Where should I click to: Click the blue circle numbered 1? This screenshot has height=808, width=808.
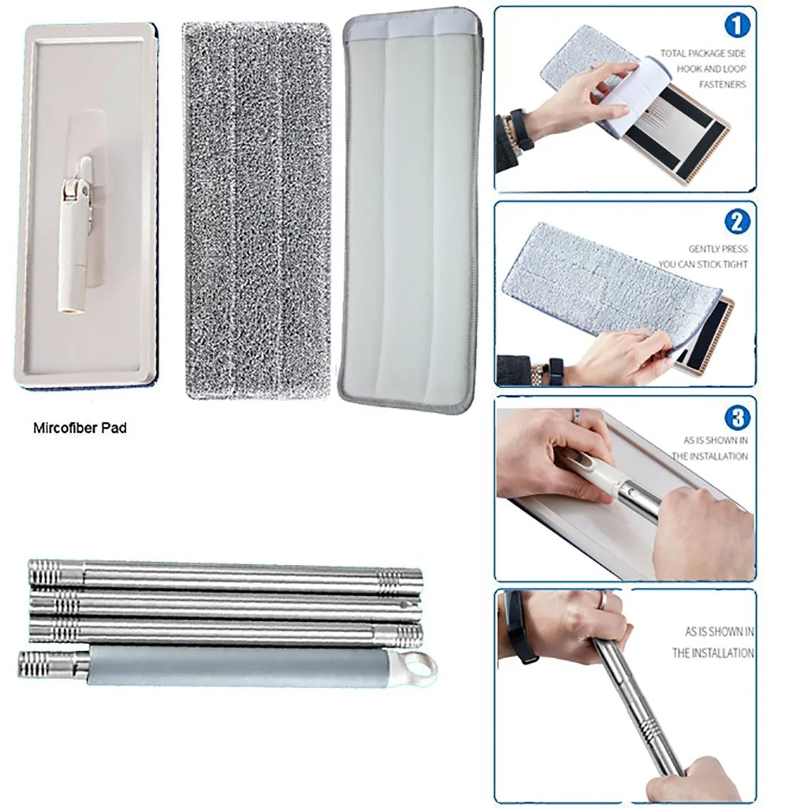pyautogui.click(x=737, y=26)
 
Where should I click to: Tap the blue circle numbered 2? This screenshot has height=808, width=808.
pyautogui.click(x=737, y=222)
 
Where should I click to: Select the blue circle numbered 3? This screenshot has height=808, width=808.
pyautogui.click(x=738, y=417)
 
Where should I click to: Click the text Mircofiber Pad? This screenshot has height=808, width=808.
pyautogui.click(x=80, y=428)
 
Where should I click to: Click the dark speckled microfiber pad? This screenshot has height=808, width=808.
pyautogui.click(x=256, y=210)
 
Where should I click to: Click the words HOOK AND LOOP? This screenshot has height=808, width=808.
pyautogui.click(x=711, y=69)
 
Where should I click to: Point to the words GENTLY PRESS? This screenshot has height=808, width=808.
pyautogui.click(x=718, y=249)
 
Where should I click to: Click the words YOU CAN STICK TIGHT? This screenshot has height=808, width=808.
pyautogui.click(x=702, y=264)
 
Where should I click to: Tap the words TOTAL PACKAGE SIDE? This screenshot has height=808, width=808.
pyautogui.click(x=703, y=53)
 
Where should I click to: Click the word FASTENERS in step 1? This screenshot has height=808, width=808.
pyautogui.click(x=722, y=84)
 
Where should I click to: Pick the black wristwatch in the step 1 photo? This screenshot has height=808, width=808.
pyautogui.click(x=521, y=129)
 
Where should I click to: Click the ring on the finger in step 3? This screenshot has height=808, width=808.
pyautogui.click(x=577, y=413)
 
